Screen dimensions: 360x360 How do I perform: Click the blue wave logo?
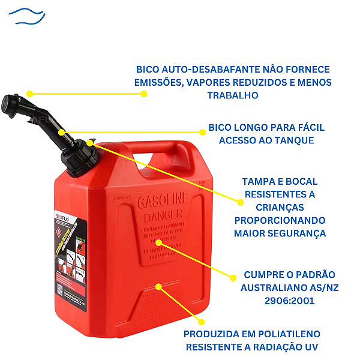pos(29,15)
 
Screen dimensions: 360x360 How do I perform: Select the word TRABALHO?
pos(233,95)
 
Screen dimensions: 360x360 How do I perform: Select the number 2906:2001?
pos(289,301)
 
